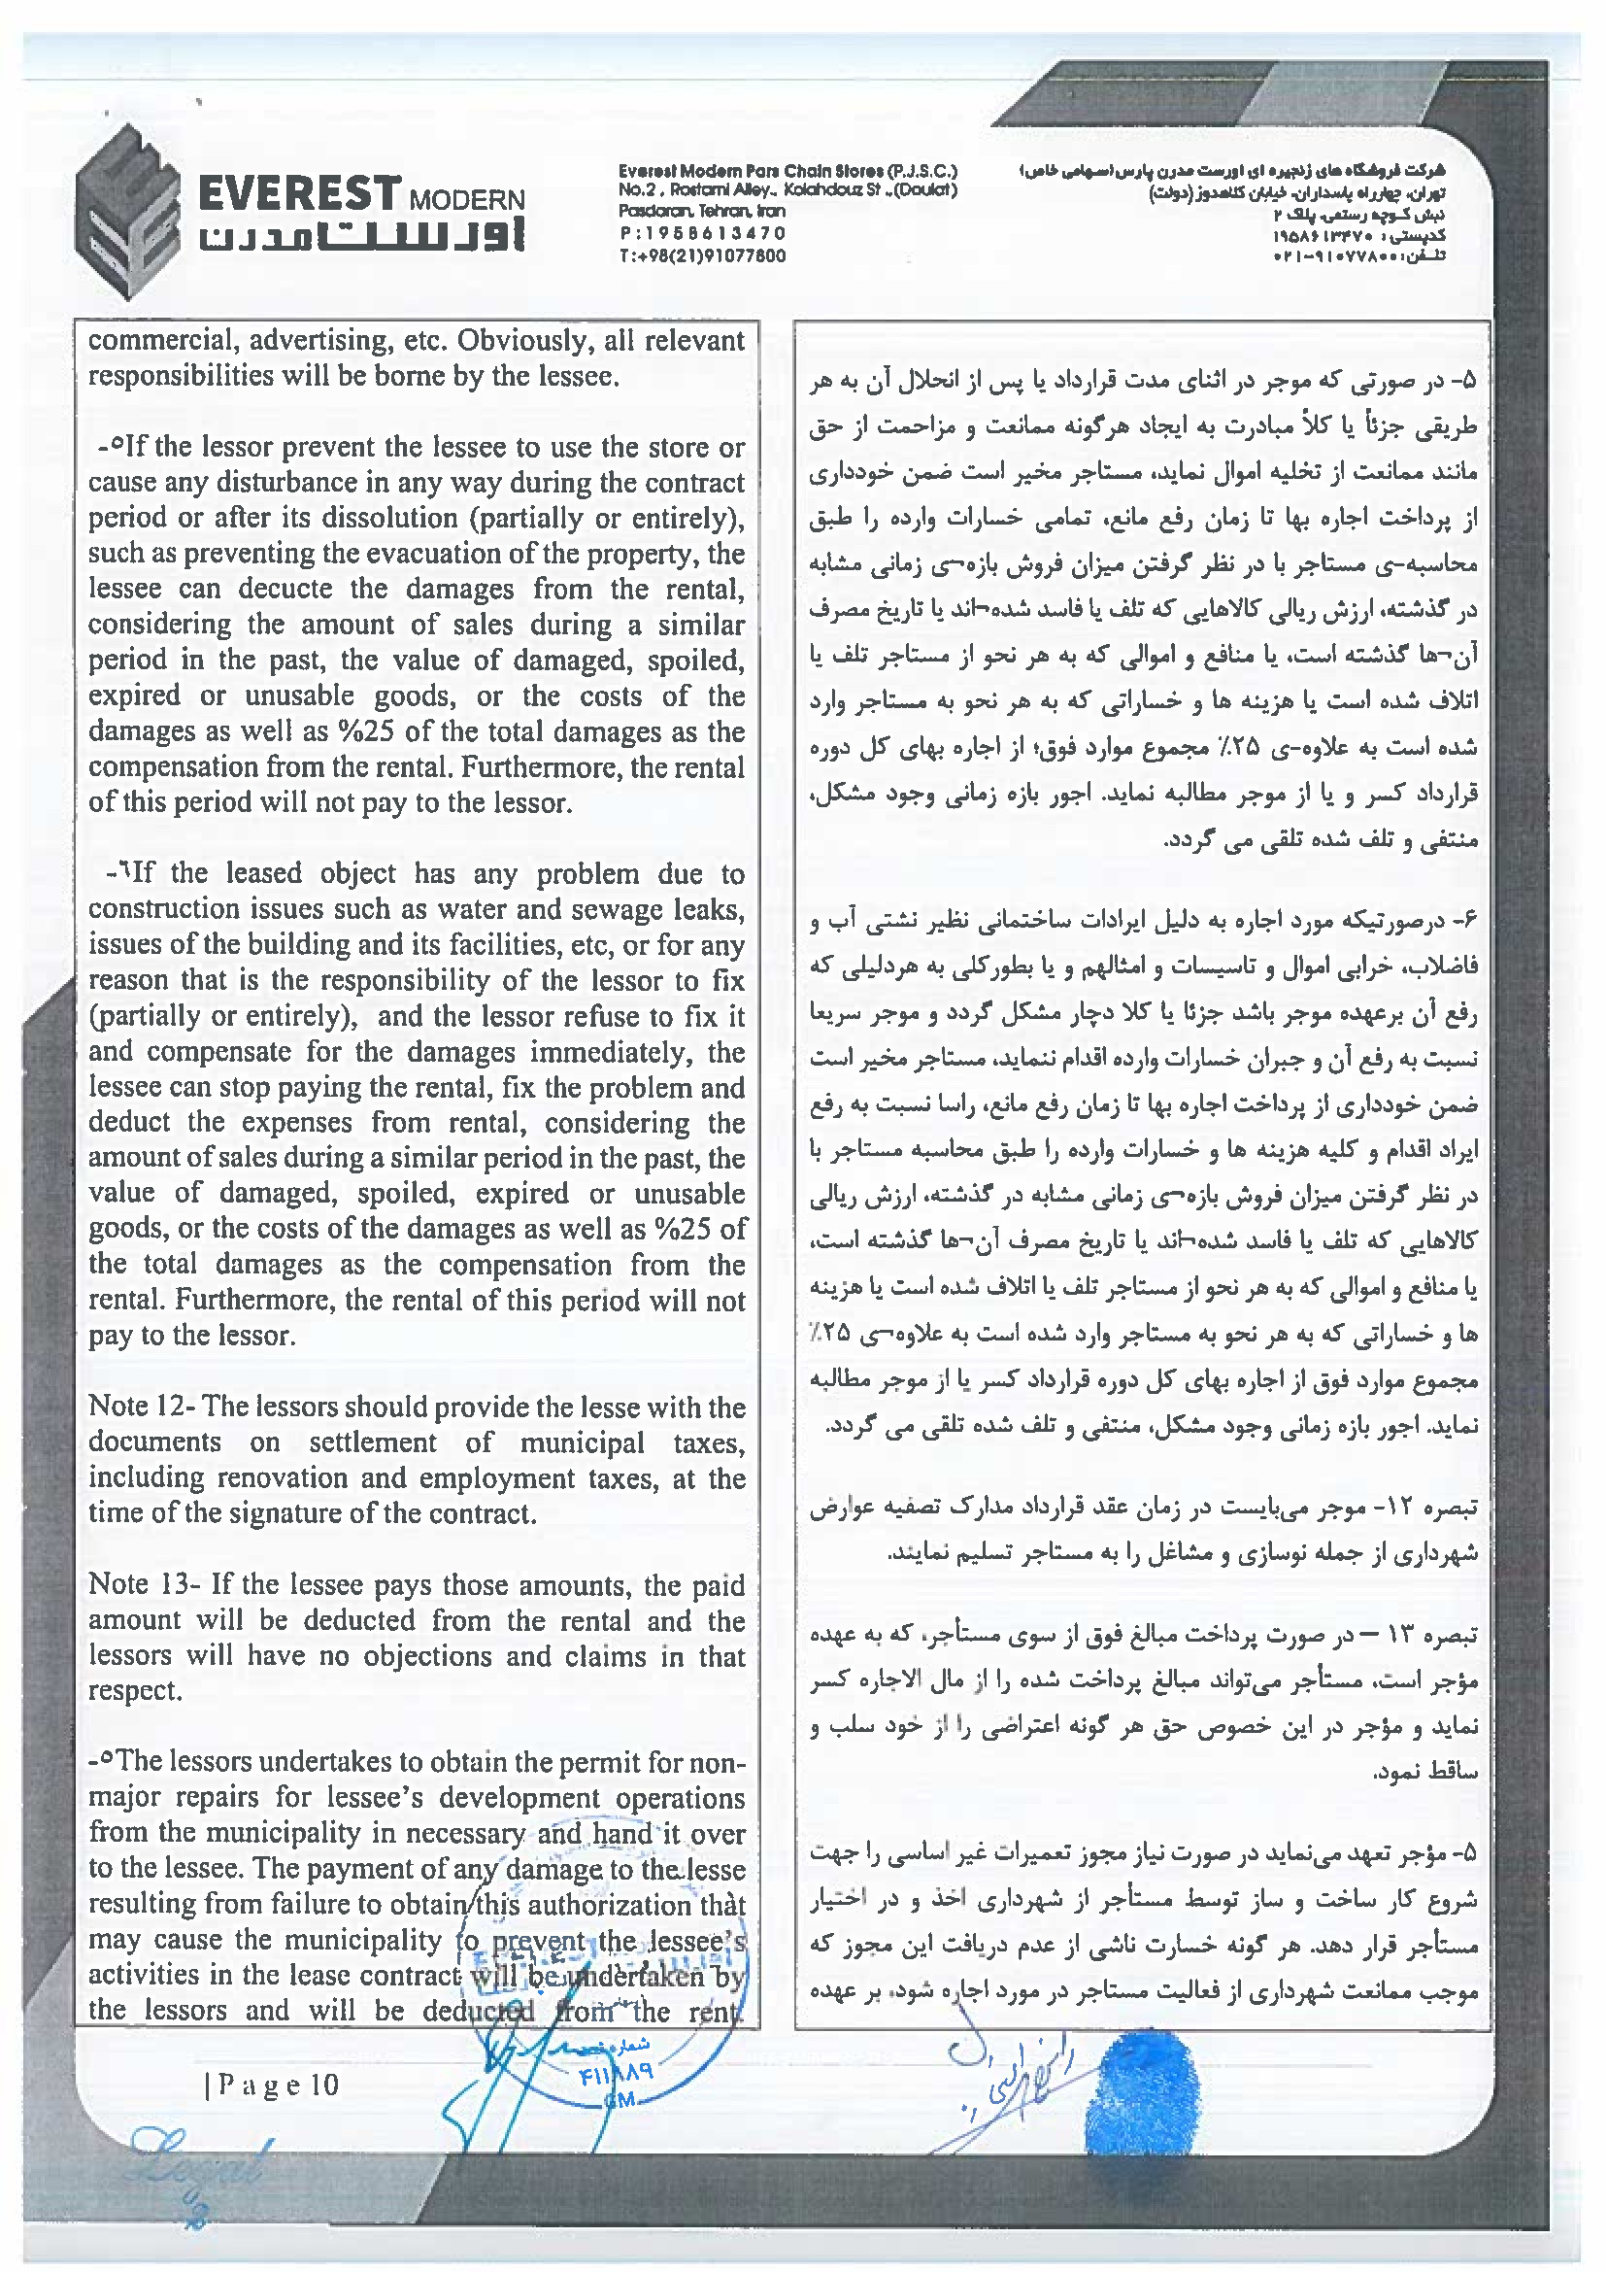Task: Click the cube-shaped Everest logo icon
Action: click(x=123, y=210)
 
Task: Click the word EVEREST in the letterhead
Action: click(x=299, y=193)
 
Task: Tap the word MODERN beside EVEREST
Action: click(x=466, y=199)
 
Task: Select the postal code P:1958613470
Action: click(x=702, y=234)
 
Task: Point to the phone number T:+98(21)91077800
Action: click(x=702, y=255)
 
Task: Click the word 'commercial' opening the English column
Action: click(x=159, y=341)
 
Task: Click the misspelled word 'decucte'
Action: click(x=286, y=590)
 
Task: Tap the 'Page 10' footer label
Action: click(x=272, y=2085)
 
